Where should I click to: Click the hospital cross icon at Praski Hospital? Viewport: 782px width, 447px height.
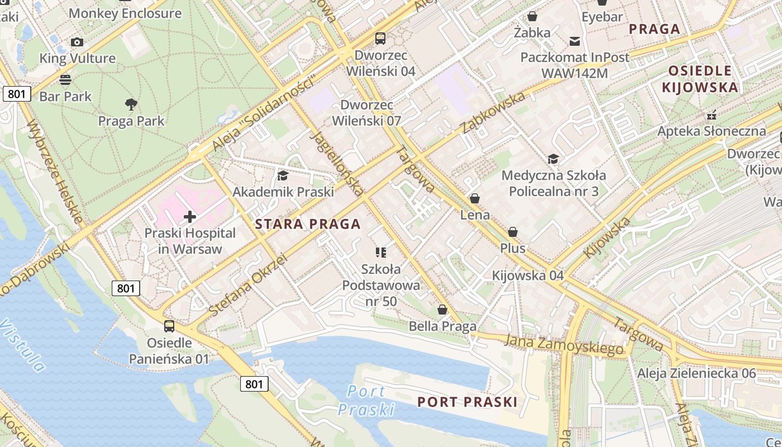click(190, 216)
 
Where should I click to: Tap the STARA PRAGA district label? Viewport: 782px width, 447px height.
click(308, 225)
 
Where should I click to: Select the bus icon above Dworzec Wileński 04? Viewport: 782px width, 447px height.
click(380, 38)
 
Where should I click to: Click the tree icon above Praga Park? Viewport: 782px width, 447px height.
click(131, 104)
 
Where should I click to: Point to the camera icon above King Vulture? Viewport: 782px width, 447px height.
click(77, 42)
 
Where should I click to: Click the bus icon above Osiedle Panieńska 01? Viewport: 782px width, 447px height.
click(169, 326)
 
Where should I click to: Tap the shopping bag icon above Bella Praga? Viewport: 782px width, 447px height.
click(442, 309)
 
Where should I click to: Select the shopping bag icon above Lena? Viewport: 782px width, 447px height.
click(475, 198)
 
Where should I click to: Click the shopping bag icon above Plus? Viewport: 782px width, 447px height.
click(513, 231)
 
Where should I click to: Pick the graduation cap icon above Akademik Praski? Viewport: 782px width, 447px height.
click(283, 176)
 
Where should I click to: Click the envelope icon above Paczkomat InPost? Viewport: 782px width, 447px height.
click(574, 41)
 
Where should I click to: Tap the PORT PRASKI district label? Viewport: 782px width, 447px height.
click(468, 402)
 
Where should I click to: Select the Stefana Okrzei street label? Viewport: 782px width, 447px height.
click(247, 286)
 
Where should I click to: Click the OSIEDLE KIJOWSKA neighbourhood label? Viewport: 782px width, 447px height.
click(700, 79)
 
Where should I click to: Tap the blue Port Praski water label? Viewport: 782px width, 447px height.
click(366, 400)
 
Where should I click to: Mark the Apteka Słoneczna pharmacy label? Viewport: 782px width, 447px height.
click(712, 131)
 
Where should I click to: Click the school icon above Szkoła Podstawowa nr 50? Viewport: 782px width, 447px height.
click(381, 253)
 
